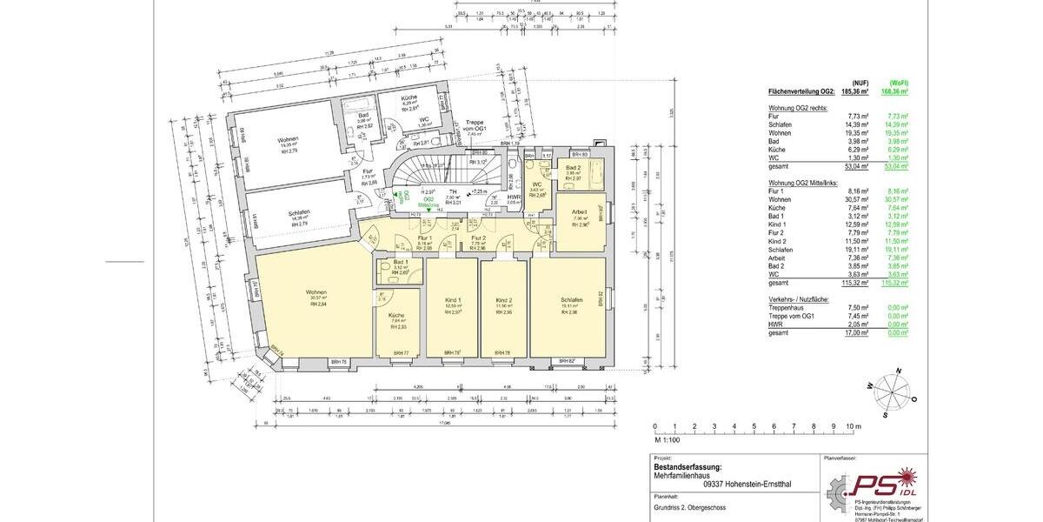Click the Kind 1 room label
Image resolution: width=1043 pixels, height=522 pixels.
[x=453, y=299]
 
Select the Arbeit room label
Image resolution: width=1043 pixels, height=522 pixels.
[x=580, y=211]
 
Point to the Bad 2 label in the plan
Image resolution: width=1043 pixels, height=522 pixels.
[x=573, y=167]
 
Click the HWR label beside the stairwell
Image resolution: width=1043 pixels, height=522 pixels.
[x=514, y=196]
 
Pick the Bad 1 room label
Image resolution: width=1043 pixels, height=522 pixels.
[x=401, y=262]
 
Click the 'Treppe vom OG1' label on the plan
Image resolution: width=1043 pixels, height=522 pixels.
[x=475, y=125]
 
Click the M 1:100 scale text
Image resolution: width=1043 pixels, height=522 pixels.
[x=668, y=439]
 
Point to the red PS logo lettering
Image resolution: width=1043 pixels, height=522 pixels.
[x=878, y=484]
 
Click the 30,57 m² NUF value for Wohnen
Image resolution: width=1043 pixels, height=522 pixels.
[x=859, y=199]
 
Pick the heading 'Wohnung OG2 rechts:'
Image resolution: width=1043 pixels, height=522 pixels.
[x=799, y=107]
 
